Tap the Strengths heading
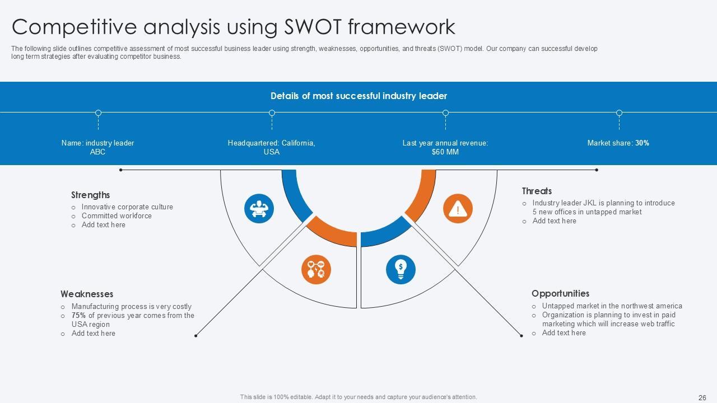coord(90,195)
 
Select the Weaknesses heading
coord(87,294)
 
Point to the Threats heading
coord(537,191)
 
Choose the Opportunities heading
coord(560,293)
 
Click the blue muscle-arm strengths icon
coord(259,208)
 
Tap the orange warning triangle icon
coord(458,209)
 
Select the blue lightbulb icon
coord(401,269)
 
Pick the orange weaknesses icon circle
coord(316,269)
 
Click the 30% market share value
coord(642,143)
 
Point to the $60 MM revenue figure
coord(445,152)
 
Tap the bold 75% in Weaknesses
coord(78,315)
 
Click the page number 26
coord(702,397)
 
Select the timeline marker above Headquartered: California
coord(272,113)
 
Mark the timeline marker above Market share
coord(619,113)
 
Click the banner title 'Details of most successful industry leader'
coord(358,96)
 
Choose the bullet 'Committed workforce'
coord(117,215)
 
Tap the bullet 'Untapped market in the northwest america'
coord(612,306)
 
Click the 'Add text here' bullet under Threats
coord(554,221)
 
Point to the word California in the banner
coord(298,143)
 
